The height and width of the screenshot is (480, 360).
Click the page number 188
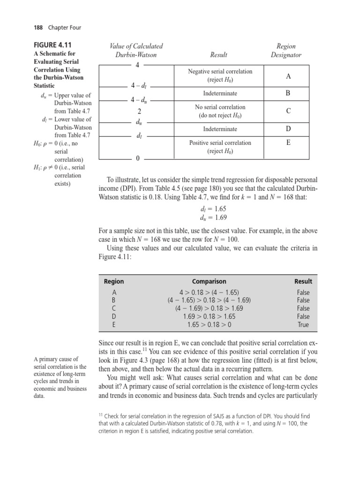[x=39, y=28]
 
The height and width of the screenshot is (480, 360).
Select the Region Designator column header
[x=286, y=51]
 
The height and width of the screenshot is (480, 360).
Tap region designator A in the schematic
[x=288, y=76]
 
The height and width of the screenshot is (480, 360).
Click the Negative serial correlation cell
[x=220, y=76]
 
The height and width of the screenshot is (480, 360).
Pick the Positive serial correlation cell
[x=220, y=147]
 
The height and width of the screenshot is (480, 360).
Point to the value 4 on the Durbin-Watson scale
[x=137, y=65]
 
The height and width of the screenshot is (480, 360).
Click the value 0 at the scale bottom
[x=137, y=159]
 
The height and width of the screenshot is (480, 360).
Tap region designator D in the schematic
[x=288, y=128]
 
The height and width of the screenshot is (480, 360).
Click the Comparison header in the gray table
[x=209, y=281]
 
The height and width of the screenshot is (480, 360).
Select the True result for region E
[x=303, y=324]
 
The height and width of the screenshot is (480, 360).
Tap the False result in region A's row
[x=303, y=292]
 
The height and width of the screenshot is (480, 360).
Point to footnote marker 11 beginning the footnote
[x=101, y=414]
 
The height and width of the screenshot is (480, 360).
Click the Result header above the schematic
[x=219, y=55]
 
